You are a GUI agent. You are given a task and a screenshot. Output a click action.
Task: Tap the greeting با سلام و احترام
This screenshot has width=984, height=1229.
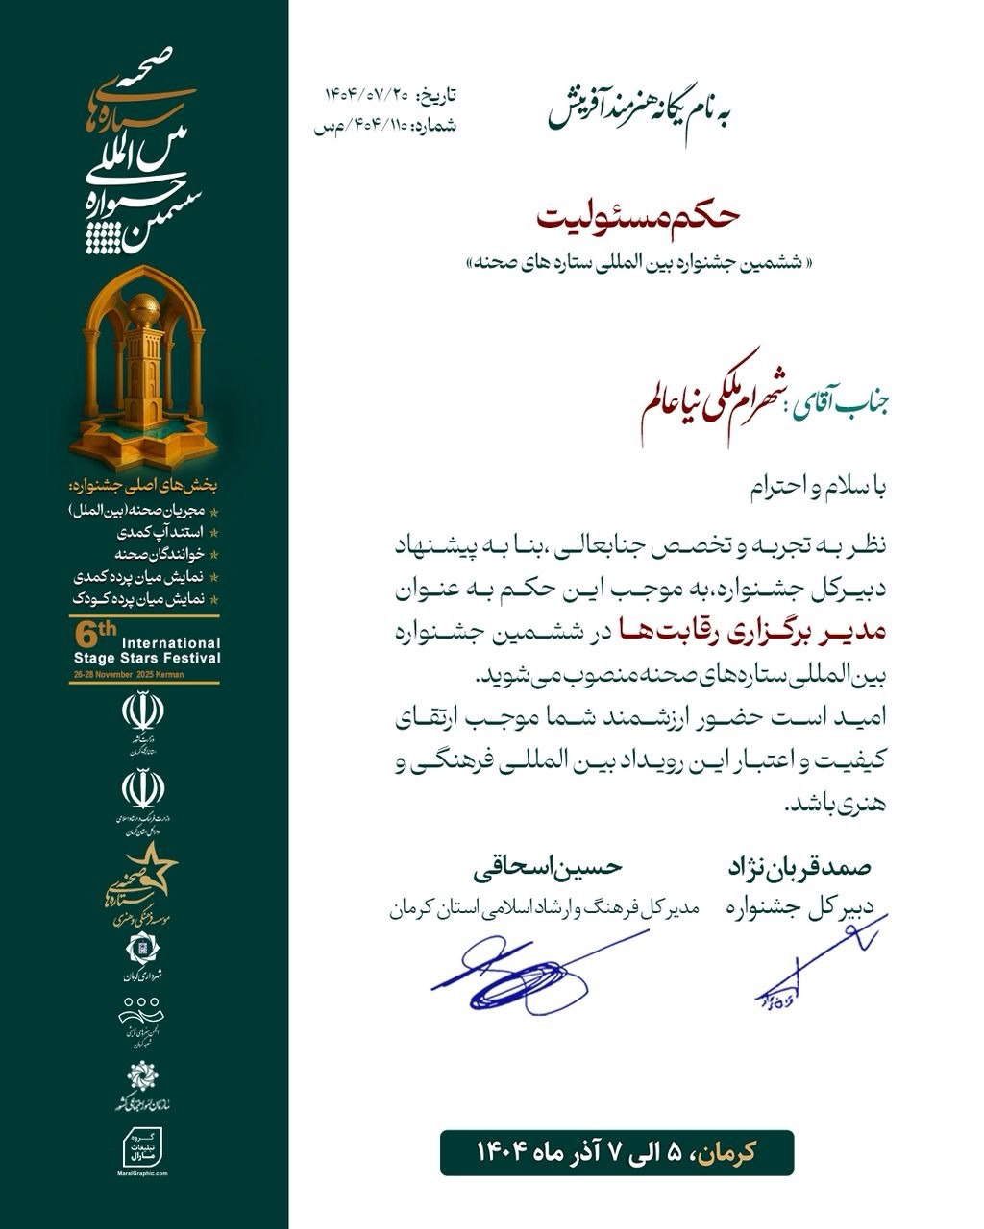pyautogui.click(x=818, y=490)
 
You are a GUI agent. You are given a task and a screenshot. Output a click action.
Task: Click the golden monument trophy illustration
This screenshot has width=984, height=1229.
pyautogui.click(x=143, y=370)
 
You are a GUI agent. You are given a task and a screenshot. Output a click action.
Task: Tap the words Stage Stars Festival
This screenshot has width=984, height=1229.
pyautogui.click(x=147, y=658)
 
